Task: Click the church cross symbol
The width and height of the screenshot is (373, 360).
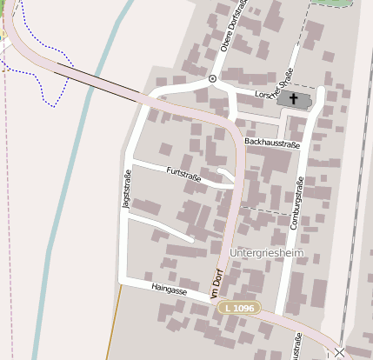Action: coord(293,99)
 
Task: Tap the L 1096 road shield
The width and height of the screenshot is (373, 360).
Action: coord(238,308)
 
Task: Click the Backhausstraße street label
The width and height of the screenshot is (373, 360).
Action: coord(272,142)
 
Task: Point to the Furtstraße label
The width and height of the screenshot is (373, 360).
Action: coord(184,176)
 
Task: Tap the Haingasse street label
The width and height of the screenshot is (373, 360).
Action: coord(169,290)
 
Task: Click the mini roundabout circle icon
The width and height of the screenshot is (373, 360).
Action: coord(212,79)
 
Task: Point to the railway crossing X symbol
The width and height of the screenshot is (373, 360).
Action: coord(338,352)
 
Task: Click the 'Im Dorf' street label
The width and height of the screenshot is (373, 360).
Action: coord(217,285)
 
